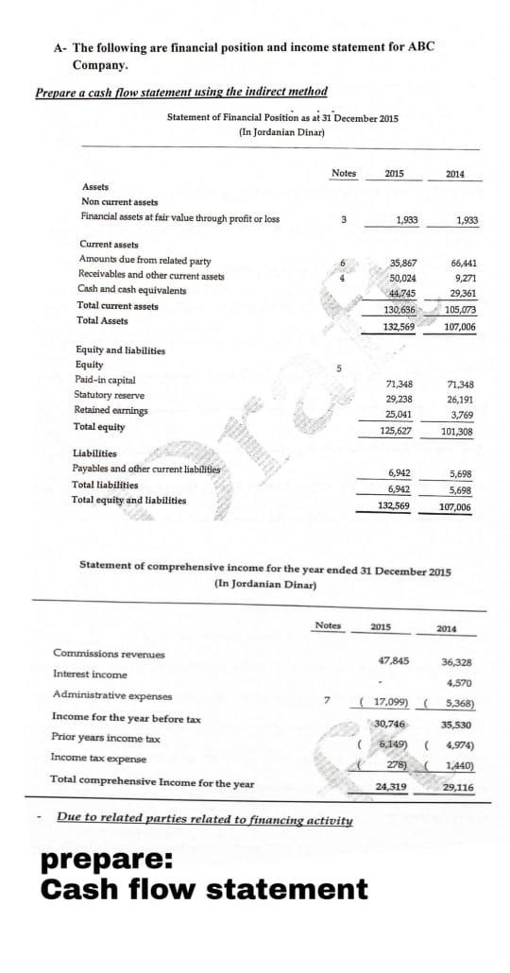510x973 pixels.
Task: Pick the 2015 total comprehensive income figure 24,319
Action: click(391, 786)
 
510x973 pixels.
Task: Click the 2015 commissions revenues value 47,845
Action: click(392, 660)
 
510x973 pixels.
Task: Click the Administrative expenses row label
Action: click(112, 695)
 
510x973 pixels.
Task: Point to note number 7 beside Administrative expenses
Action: click(327, 701)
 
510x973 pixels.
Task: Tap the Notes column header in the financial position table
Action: click(344, 173)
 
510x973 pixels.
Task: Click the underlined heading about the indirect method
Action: click(181, 92)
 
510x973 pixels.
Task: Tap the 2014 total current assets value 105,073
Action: click(461, 309)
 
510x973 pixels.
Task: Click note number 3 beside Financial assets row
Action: click(344, 220)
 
